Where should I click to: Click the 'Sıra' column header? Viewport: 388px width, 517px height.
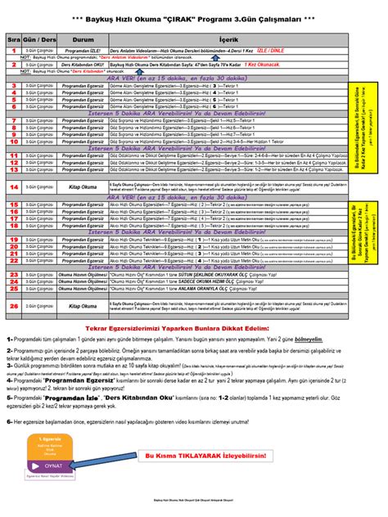14,37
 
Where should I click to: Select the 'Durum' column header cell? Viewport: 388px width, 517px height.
84,37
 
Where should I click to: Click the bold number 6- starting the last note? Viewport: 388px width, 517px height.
10,421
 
